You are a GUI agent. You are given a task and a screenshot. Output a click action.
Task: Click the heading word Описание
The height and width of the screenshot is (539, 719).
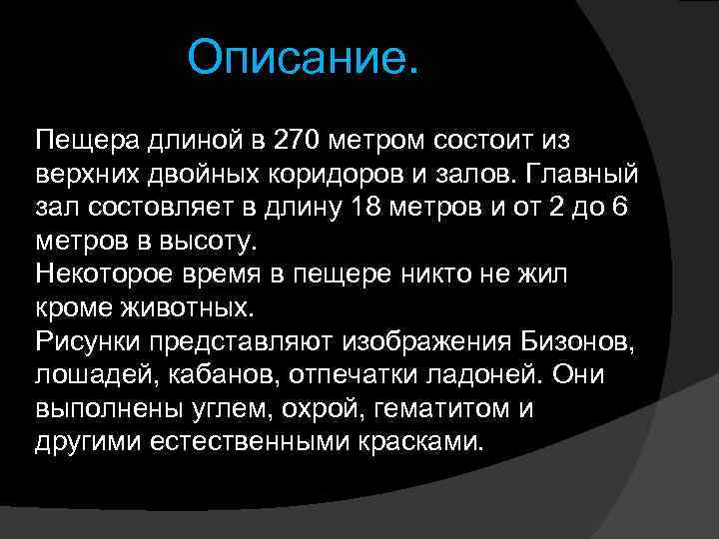pos(304,59)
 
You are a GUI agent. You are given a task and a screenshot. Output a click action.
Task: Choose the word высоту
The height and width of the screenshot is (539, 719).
pos(215,241)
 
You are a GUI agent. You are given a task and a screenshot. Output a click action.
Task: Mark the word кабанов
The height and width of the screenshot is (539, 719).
pos(194,376)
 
